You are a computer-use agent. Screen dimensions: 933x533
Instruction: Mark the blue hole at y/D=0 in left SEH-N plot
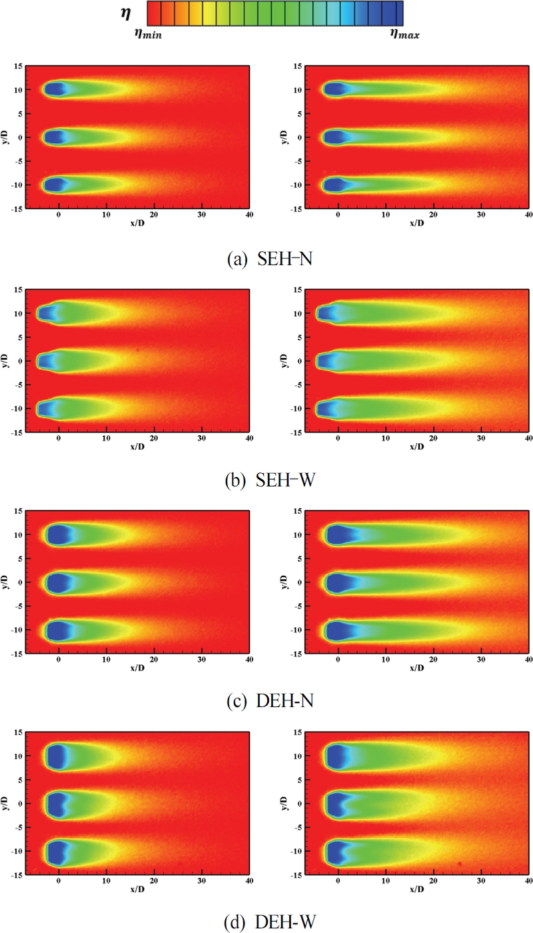55,137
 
